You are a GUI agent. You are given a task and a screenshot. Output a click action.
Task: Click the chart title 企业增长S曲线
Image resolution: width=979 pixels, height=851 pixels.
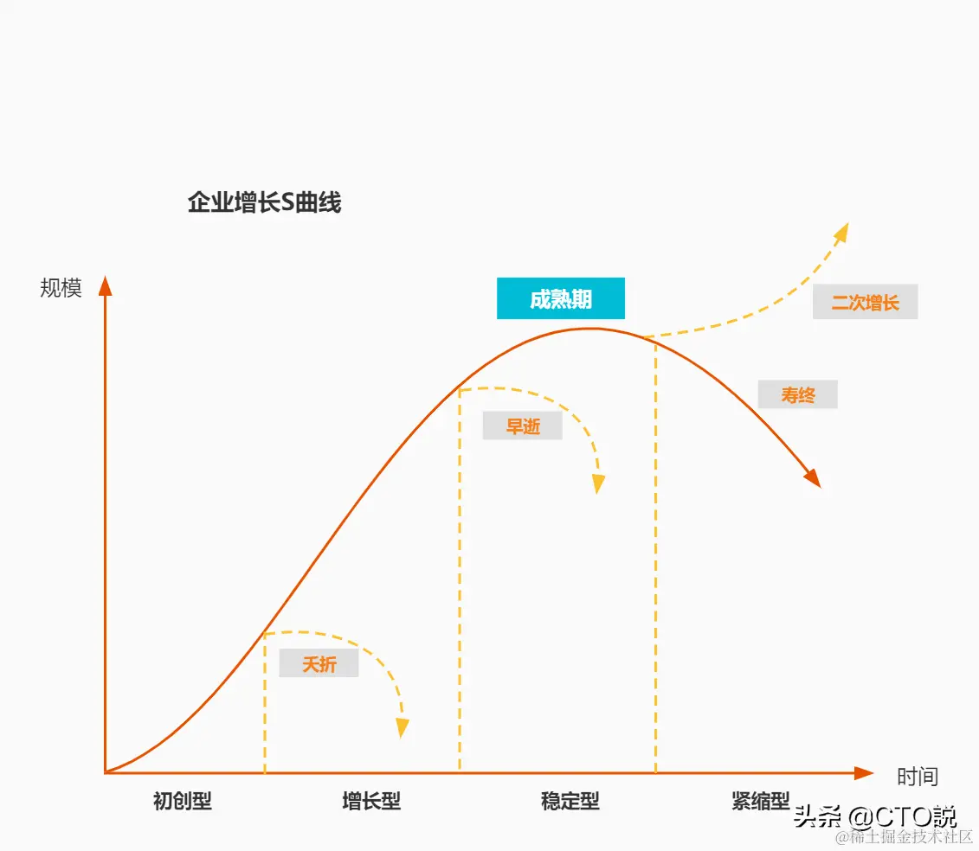(264, 203)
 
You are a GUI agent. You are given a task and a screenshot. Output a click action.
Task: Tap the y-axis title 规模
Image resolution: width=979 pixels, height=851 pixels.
(61, 288)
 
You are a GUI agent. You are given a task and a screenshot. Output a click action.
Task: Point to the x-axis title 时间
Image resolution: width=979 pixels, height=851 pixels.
(917, 777)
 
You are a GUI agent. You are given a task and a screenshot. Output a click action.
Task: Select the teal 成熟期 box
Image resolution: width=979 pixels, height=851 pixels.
(560, 299)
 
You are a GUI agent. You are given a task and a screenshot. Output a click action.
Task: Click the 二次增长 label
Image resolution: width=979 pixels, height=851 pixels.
(865, 303)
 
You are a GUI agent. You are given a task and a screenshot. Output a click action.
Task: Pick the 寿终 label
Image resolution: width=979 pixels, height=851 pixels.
(797, 395)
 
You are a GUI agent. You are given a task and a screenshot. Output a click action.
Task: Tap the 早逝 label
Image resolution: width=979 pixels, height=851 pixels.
(522, 426)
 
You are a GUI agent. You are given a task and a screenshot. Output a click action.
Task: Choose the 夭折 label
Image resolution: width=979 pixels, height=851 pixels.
(319, 664)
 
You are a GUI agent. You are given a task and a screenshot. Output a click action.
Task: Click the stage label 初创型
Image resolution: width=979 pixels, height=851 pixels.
(182, 801)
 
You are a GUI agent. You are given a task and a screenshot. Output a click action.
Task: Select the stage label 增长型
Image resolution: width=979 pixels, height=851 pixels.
(371, 801)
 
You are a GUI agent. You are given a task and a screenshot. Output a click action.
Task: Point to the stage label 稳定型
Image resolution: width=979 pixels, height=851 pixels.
(570, 801)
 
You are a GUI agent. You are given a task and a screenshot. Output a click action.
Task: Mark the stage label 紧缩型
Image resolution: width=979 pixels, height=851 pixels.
(760, 801)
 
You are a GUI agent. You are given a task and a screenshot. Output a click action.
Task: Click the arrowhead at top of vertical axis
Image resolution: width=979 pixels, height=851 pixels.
(106, 286)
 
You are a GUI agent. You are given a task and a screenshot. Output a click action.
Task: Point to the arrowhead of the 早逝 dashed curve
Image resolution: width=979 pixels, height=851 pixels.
(598, 484)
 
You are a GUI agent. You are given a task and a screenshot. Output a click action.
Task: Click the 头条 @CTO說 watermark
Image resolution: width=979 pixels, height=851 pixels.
(874, 816)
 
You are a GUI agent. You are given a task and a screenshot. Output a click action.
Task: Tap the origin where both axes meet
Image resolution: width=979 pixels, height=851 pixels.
(106, 772)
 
